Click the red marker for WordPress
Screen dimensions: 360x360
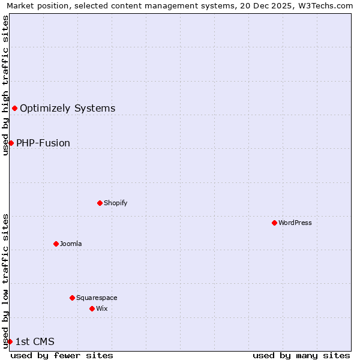coord(274,223)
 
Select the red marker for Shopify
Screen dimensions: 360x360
coord(100,203)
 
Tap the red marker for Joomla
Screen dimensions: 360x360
coord(56,244)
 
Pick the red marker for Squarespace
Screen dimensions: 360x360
coord(72,298)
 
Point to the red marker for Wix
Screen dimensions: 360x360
coord(92,308)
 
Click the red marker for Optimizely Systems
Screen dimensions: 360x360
coord(14,108)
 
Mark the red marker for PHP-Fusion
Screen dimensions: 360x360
coord(11,143)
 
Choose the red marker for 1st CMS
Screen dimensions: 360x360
coord(10,341)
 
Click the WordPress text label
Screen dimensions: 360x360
coord(295,223)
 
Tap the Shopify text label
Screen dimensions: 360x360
coord(116,203)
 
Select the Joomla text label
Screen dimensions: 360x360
coord(71,244)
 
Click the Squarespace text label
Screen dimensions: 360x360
coord(97,298)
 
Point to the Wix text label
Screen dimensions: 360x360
coord(102,308)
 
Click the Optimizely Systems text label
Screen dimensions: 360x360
coord(68,109)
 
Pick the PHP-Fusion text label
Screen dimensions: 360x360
coord(43,143)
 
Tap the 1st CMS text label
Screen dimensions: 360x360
coord(35,342)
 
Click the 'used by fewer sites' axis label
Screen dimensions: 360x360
coord(62,355)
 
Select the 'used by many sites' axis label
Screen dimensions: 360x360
coord(301,355)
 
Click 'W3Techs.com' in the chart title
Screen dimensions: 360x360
coord(327,5)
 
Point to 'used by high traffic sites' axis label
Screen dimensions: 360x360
coord(5,85)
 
